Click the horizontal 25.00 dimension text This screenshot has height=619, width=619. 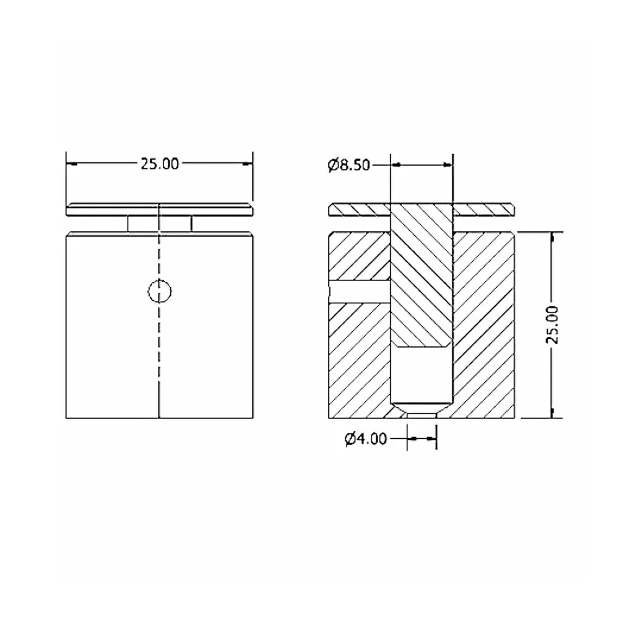coord(159,164)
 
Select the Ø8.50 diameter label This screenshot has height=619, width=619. coord(349,165)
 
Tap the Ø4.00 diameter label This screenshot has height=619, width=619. coord(366,439)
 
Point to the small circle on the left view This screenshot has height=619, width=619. coord(160,290)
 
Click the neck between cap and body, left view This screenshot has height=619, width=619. coord(159,223)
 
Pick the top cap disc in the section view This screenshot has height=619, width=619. coord(359,209)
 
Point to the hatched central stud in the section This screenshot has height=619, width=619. coord(422,279)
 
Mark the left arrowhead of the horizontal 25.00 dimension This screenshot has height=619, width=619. coord(72,164)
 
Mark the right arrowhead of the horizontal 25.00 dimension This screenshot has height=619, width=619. coord(247,164)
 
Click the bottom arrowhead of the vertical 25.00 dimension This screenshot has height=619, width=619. coord(553,412)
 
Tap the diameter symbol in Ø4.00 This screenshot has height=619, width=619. coord(350,439)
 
